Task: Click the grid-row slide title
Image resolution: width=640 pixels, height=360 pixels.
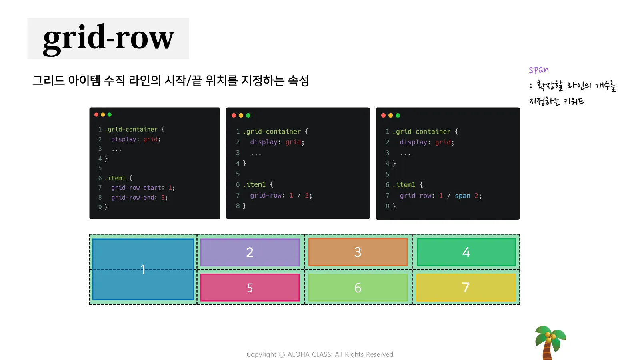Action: pos(108,38)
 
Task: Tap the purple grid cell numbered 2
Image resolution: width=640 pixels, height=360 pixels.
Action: pos(250,252)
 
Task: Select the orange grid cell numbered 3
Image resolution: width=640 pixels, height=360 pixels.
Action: pos(358,252)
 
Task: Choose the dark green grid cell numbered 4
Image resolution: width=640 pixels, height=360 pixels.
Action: pos(466,252)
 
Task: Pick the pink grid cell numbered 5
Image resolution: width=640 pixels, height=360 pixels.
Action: pos(250,288)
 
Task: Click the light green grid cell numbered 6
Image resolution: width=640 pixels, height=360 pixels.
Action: pos(358,288)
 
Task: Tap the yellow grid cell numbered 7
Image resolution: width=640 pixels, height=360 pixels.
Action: pos(466,288)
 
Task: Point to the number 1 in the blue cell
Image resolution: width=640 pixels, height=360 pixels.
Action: pos(143,270)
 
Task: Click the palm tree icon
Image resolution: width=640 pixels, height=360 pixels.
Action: pos(550,342)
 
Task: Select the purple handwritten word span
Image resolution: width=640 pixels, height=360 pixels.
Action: pos(538,70)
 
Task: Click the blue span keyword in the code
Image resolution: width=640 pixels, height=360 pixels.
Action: pos(462,196)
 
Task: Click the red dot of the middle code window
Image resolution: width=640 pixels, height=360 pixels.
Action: pos(234,115)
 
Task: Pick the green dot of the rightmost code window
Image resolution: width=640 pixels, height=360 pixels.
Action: pos(398,115)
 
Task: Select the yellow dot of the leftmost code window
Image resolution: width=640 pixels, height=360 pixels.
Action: pos(103,115)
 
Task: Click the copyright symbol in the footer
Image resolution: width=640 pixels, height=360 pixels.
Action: pos(282,355)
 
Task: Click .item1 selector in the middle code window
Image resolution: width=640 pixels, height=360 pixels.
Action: pos(256,184)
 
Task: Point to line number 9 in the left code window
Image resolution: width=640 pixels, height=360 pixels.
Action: pos(100,207)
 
